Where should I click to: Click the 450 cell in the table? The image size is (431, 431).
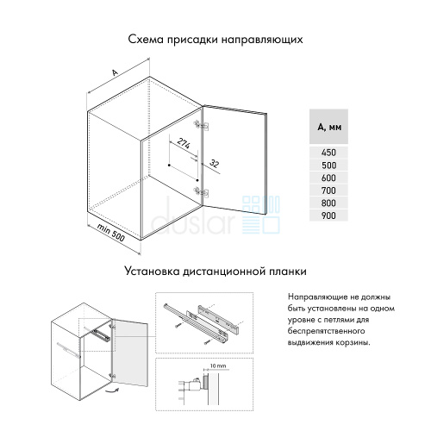(x=328, y=153)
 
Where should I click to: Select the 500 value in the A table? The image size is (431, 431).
(x=328, y=166)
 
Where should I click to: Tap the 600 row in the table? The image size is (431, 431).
(x=328, y=178)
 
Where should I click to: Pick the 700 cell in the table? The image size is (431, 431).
(x=328, y=191)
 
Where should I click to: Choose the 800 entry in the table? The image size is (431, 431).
(x=328, y=203)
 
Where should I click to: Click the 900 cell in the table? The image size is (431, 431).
(x=328, y=215)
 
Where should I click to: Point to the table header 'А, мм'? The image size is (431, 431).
(x=329, y=127)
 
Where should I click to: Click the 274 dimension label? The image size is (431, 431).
(x=184, y=143)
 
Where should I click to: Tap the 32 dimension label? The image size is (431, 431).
(x=215, y=164)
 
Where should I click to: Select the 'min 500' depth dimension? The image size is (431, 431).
(x=111, y=232)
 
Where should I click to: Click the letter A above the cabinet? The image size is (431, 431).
(x=115, y=72)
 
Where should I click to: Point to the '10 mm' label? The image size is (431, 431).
(x=218, y=365)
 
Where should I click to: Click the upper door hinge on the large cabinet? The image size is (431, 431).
(x=202, y=125)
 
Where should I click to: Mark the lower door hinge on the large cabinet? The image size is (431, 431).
(x=202, y=191)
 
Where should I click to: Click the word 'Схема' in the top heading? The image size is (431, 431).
(x=146, y=40)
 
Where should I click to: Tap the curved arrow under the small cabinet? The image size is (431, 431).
(x=110, y=390)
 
